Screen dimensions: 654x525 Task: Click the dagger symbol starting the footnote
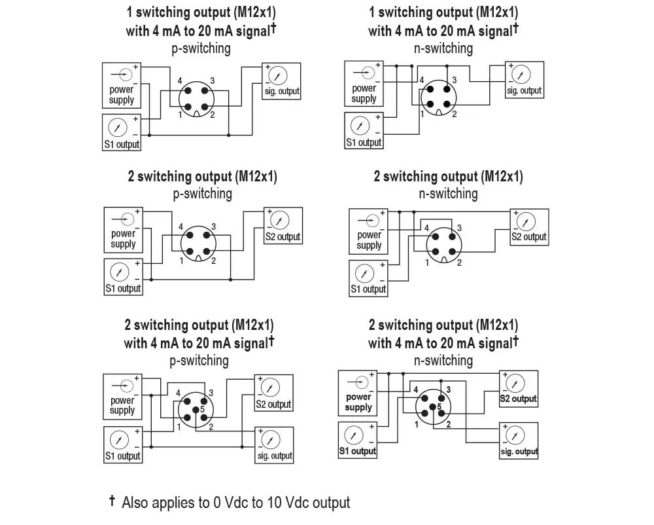coord(112,500)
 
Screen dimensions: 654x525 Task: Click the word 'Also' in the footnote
coord(134,503)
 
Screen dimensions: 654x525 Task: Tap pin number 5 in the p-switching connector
coord(202,409)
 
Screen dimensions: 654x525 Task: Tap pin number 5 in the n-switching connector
coord(439,407)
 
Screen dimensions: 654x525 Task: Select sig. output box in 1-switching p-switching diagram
coord(281,81)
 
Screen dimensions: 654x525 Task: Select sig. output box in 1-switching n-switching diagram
coord(525,80)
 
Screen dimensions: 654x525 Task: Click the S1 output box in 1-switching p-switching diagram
coord(122,132)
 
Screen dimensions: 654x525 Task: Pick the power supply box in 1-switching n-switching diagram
coord(364,84)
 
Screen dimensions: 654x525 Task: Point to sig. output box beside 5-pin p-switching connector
coord(275,445)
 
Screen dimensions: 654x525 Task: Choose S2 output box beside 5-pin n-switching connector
coord(519,389)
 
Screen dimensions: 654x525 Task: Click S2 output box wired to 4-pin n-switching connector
coord(529,227)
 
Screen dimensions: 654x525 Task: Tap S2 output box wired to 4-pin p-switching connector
coord(283,226)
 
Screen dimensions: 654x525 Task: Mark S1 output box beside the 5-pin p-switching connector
coord(123,445)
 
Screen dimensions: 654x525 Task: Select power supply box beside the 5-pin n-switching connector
coord(358,393)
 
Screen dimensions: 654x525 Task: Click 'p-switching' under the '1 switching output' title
coord(201,49)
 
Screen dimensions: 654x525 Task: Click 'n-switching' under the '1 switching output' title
coord(443,49)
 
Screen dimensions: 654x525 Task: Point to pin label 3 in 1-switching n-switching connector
coord(455,80)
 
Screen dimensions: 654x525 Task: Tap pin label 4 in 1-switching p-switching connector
coord(180,81)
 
